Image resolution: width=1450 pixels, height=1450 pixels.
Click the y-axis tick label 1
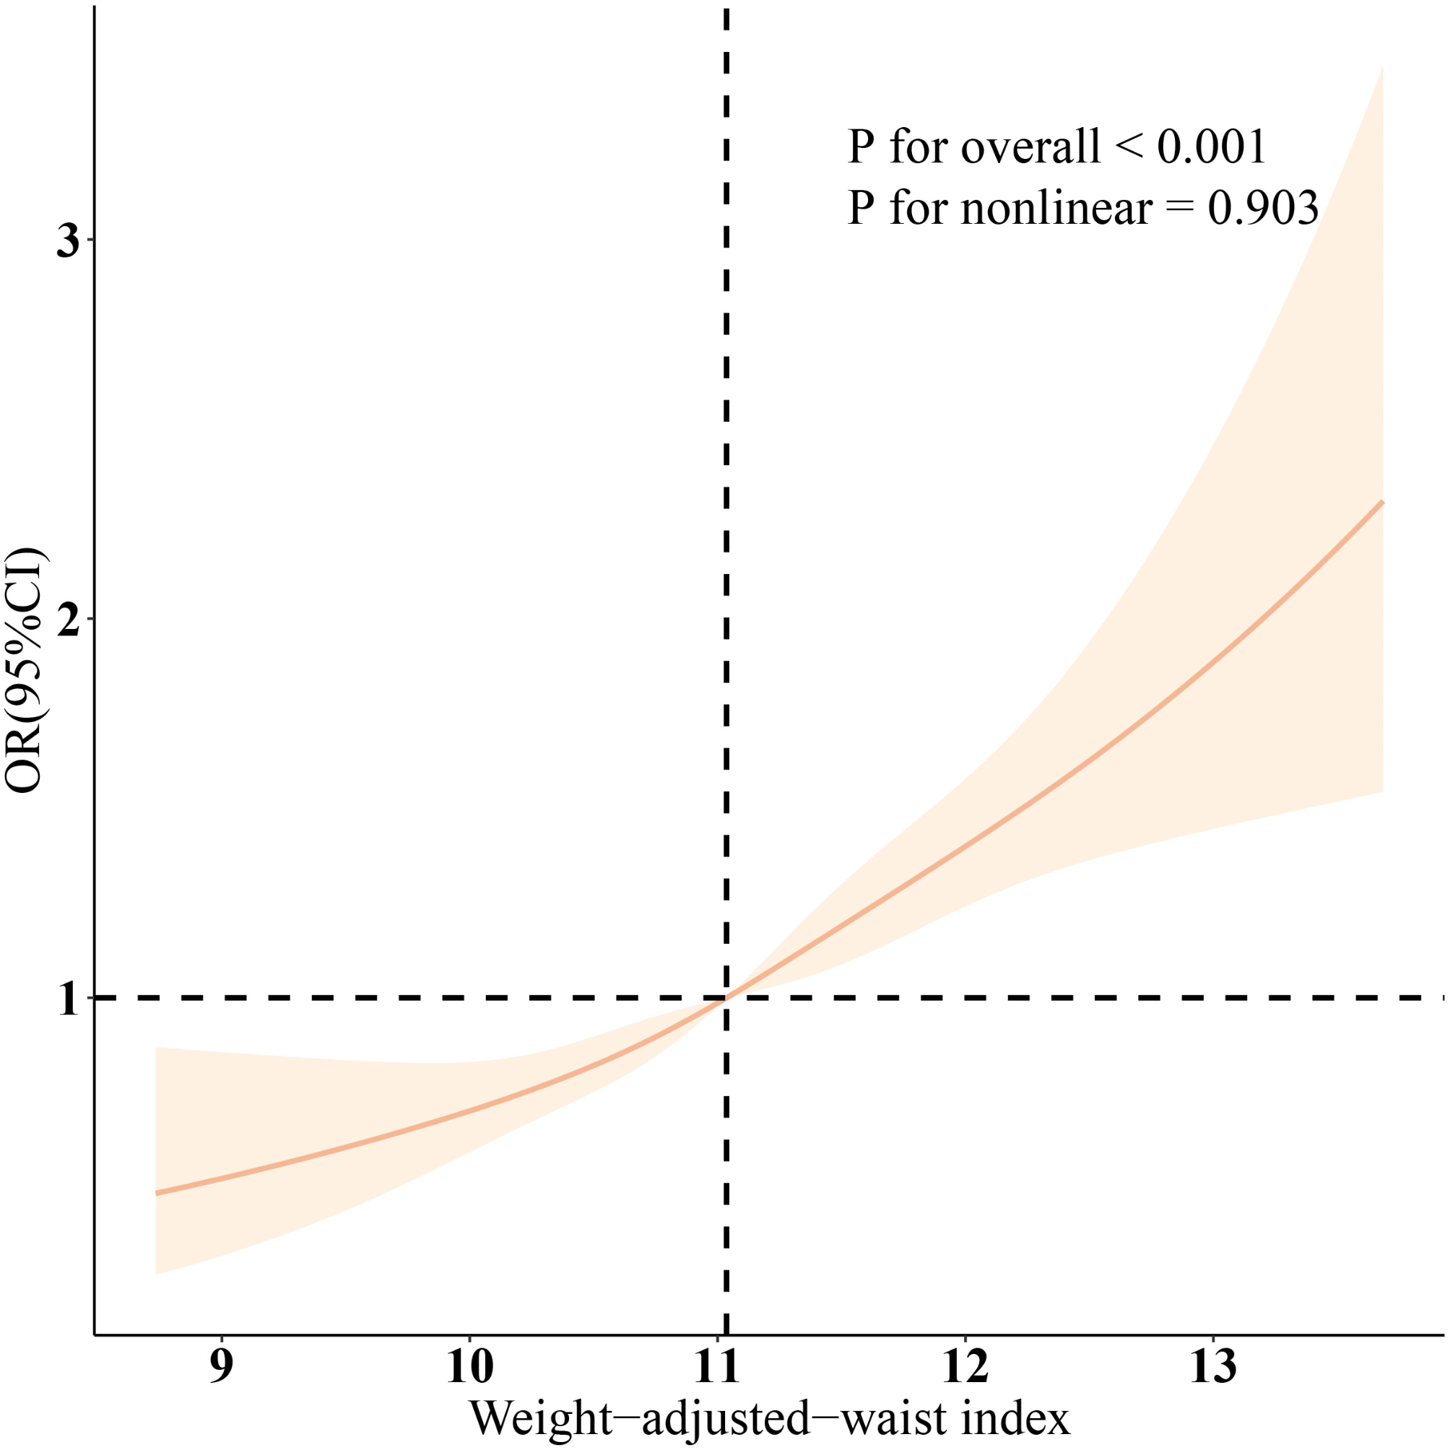[69, 999]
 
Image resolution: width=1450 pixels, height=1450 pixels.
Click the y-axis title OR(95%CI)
[25, 670]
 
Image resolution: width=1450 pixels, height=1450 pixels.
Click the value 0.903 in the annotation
[1262, 208]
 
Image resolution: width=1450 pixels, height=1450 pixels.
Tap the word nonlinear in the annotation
[1056, 208]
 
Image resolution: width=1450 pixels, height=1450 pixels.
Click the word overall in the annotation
[1030, 147]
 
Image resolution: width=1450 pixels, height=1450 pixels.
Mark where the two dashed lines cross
[726, 998]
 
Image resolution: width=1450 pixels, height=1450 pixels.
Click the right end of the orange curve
[1382, 501]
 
